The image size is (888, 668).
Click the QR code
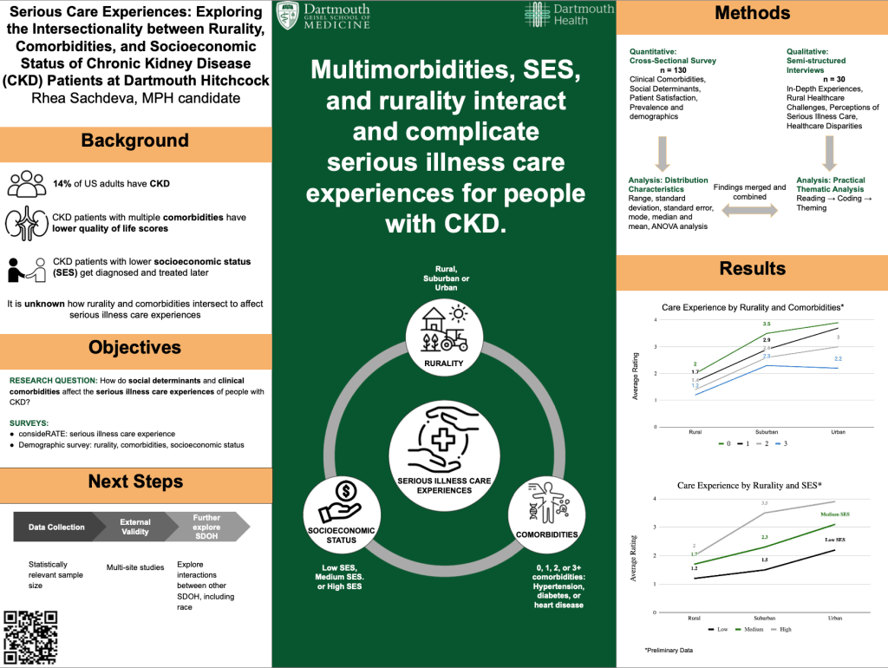coord(30,637)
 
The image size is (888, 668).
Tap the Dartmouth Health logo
coord(569,15)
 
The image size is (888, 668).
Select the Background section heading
coord(134,141)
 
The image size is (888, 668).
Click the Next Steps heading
coord(135,481)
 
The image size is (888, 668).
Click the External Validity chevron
coord(135,527)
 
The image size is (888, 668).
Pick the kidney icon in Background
coord(23,223)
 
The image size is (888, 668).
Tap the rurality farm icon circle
coord(443,335)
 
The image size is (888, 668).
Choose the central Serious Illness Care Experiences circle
coord(444,448)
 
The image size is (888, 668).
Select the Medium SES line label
coord(835,514)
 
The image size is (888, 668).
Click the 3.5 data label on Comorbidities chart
coord(767,323)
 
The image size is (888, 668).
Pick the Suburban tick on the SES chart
coord(766,617)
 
